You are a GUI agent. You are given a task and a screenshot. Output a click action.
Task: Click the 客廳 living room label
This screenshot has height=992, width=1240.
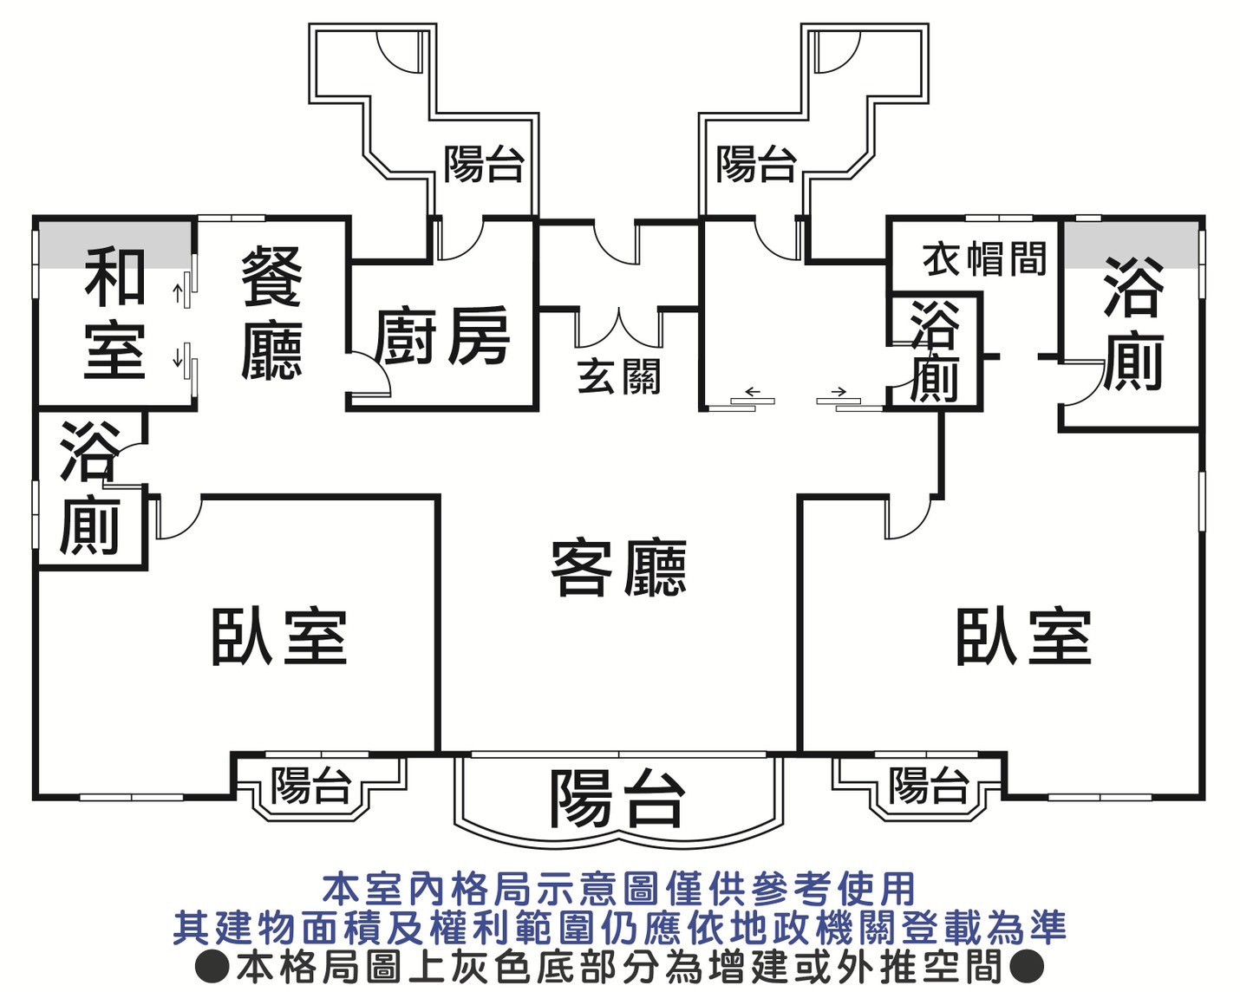(618, 569)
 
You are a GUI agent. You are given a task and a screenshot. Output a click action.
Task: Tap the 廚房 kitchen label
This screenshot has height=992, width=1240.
(442, 337)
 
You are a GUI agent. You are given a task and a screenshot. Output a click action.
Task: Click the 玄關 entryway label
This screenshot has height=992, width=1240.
(618, 377)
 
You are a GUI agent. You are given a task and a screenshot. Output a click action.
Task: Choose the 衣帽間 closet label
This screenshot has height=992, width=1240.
(984, 258)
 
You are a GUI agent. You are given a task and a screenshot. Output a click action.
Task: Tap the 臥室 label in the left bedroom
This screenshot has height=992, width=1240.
(279, 637)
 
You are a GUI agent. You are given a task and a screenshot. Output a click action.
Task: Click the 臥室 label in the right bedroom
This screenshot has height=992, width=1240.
(1023, 637)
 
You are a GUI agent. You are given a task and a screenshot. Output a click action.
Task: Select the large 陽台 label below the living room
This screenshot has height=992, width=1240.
(617, 798)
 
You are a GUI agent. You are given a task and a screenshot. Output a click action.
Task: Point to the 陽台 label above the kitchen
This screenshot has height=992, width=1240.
(484, 164)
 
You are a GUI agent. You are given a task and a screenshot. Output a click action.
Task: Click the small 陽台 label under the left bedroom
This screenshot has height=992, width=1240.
(310, 786)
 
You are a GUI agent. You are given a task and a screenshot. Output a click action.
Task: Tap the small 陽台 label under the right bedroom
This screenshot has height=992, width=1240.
(928, 786)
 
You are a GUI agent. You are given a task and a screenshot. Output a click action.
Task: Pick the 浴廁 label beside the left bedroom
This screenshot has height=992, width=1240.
(88, 488)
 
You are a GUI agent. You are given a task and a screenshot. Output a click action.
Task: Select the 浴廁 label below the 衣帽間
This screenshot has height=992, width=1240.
(934, 351)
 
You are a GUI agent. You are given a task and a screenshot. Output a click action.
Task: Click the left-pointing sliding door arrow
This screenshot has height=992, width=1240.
(752, 391)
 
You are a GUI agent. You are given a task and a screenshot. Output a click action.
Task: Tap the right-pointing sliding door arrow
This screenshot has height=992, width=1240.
(839, 391)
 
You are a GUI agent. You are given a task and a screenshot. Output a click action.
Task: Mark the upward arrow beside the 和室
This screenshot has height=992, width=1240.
(177, 293)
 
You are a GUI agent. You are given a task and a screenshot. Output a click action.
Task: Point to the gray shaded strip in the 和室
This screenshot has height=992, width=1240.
(114, 245)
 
